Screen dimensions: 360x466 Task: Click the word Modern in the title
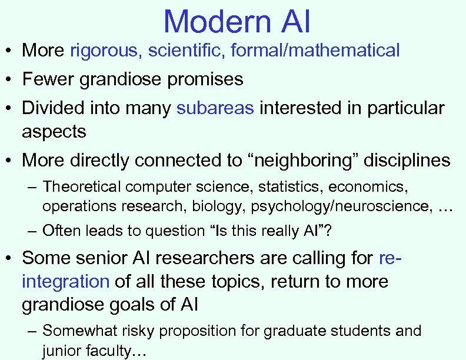point(215,21)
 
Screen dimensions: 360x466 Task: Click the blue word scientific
point(185,51)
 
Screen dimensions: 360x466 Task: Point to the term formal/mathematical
point(315,51)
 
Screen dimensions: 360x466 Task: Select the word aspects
point(54,132)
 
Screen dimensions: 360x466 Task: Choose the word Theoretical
point(82,187)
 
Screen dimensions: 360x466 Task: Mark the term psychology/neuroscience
point(358,206)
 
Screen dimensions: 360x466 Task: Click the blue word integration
point(65,282)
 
